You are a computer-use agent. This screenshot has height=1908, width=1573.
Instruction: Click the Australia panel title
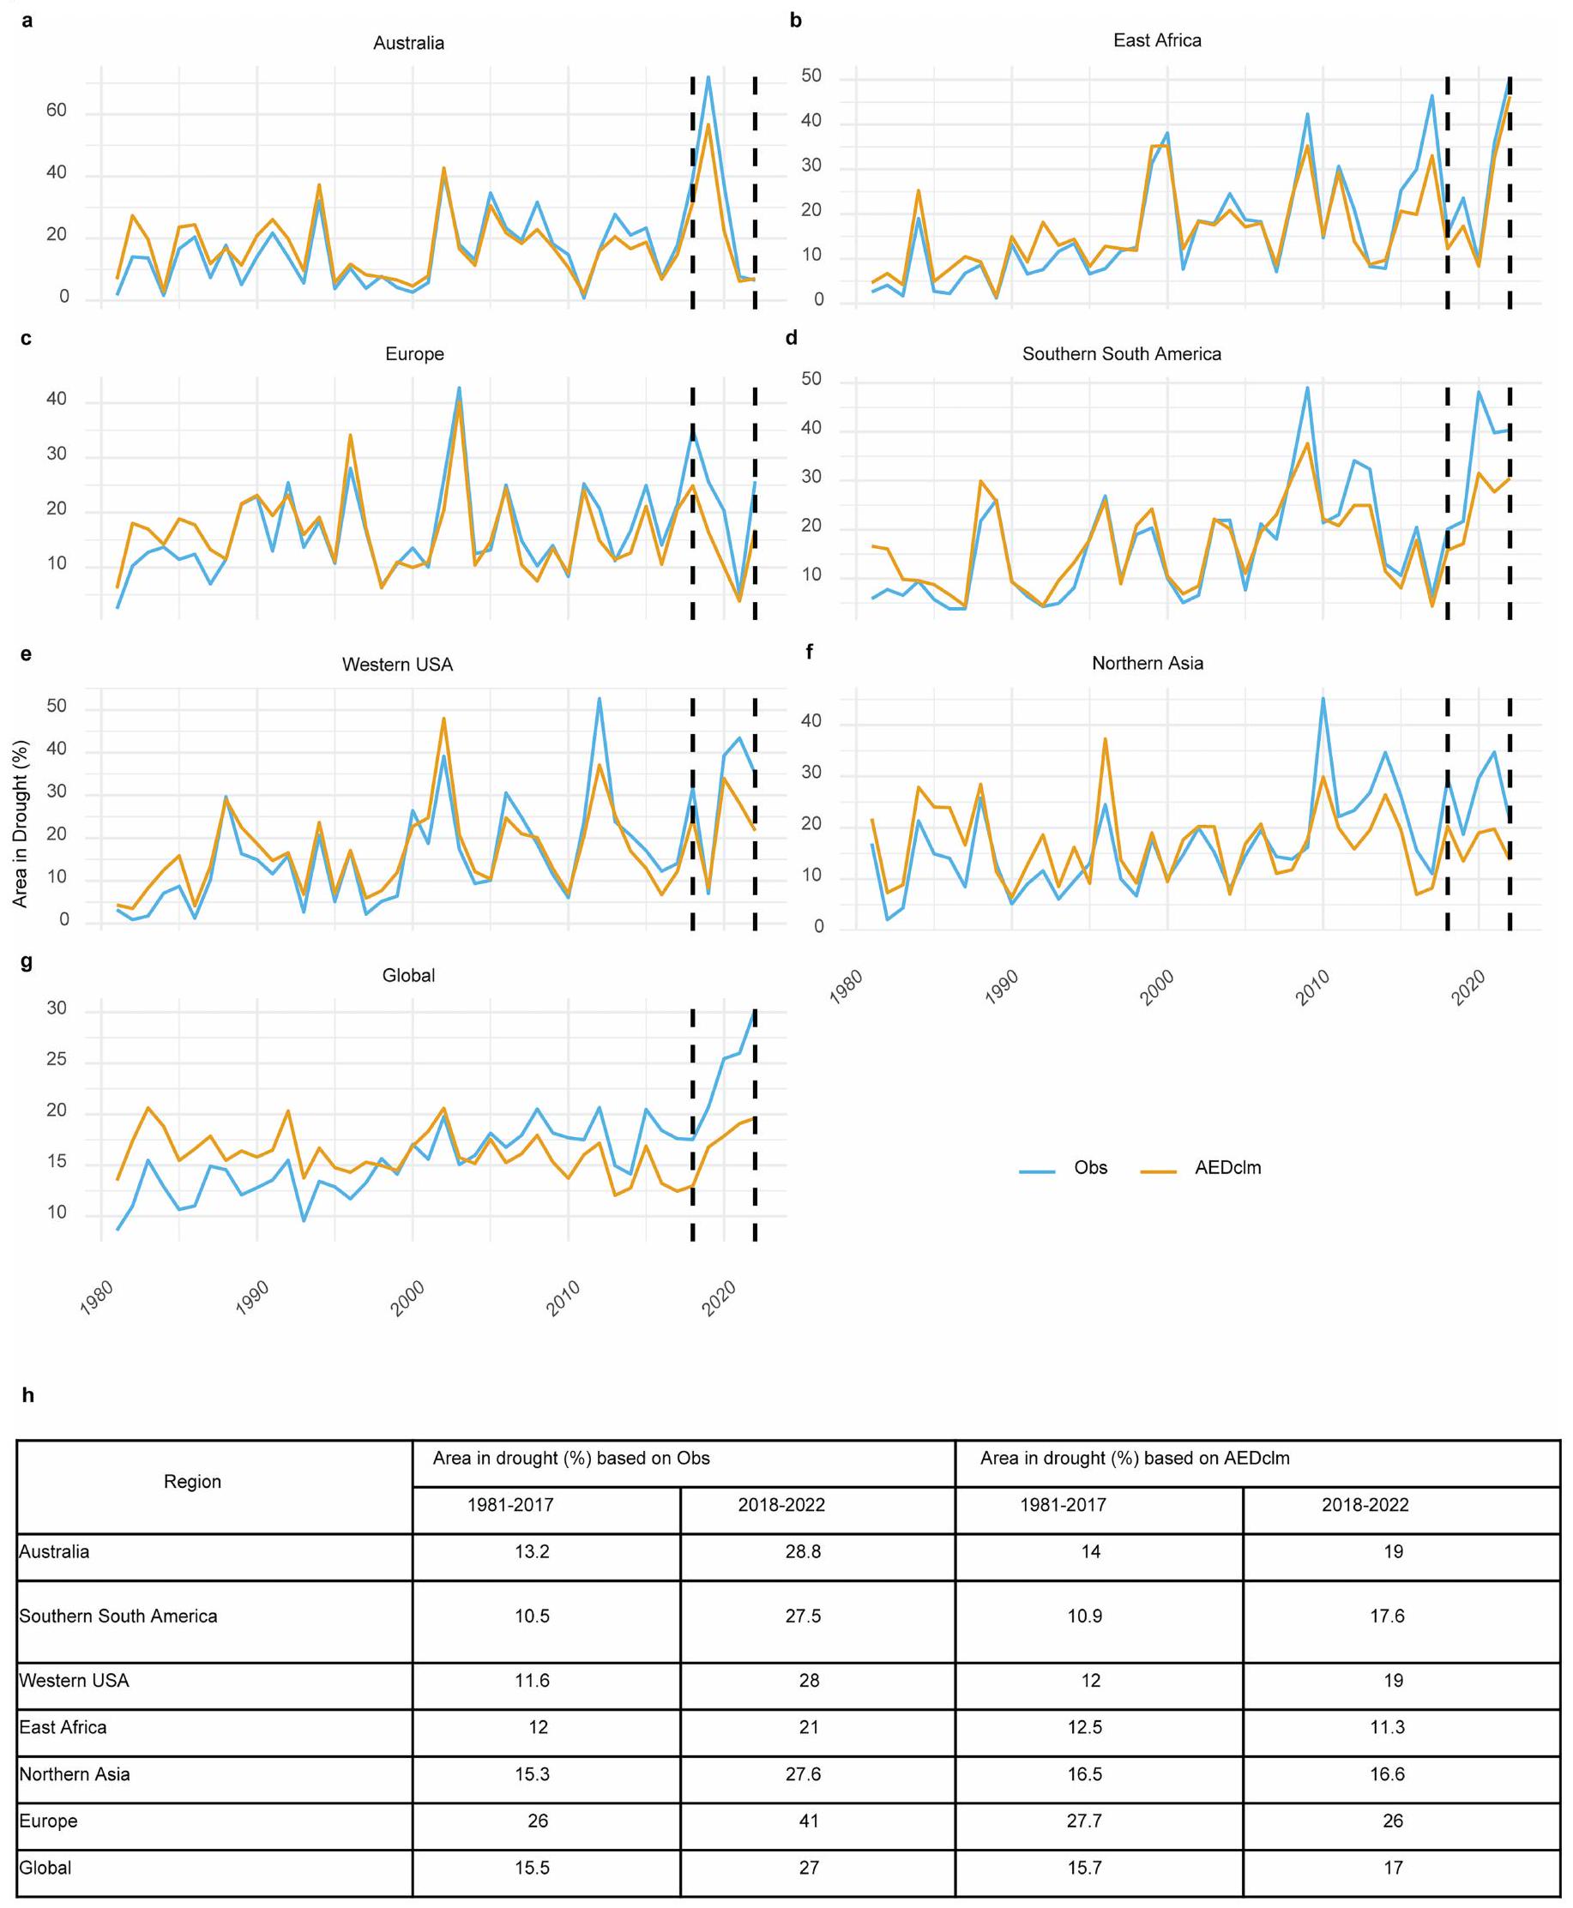[x=408, y=44]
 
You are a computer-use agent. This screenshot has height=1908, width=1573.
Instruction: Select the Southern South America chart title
[x=1121, y=354]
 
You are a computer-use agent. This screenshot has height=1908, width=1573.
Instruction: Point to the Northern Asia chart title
[x=1147, y=663]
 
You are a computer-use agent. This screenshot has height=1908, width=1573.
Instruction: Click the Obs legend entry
[x=1090, y=1168]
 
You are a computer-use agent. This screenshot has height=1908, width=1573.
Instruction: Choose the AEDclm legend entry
[x=1226, y=1168]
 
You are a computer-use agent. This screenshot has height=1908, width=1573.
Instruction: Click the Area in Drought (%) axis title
[x=20, y=823]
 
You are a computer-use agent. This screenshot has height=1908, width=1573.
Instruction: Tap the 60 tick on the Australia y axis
[x=57, y=111]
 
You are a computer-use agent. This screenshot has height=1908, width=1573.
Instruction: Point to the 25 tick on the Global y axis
[x=57, y=1059]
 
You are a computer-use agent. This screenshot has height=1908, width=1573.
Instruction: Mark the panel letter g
[x=27, y=960]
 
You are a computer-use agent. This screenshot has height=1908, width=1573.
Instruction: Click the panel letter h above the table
[x=28, y=1395]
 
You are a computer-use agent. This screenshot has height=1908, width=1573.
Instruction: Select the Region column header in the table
[x=192, y=1481]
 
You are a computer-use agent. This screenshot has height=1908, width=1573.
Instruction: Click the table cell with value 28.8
[x=803, y=1552]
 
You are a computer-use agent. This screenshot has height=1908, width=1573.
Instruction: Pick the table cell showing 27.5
[x=803, y=1616]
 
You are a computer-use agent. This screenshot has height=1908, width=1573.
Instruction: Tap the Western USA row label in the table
[x=75, y=1681]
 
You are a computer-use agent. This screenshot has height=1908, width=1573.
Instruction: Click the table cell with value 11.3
[x=1386, y=1728]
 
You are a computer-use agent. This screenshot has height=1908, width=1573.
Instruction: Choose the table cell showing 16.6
[x=1386, y=1775]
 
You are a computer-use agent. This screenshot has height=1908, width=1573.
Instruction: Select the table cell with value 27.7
[x=1084, y=1821]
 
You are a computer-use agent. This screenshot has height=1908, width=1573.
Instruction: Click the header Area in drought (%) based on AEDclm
[x=1135, y=1458]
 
